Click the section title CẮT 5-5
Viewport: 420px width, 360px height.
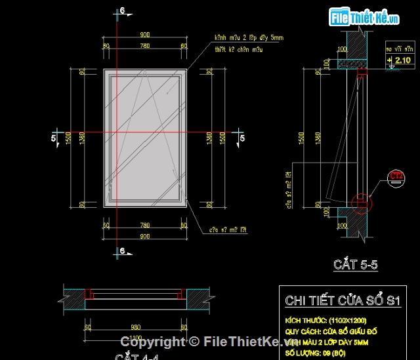(x=355, y=265)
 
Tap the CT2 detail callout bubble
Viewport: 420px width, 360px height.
(x=396, y=175)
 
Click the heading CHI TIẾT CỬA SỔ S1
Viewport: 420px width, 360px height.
(x=342, y=301)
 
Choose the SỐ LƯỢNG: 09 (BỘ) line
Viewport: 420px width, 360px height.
(x=317, y=353)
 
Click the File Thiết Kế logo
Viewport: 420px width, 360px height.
(x=365, y=18)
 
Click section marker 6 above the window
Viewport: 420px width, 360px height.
(x=120, y=11)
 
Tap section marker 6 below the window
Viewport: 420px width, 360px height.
(x=120, y=251)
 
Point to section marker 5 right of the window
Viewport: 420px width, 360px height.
(x=241, y=138)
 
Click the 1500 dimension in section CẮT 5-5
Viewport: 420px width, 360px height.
(x=302, y=138)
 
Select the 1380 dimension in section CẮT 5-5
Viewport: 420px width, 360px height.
(x=318, y=138)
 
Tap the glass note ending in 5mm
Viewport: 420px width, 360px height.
(x=248, y=39)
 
